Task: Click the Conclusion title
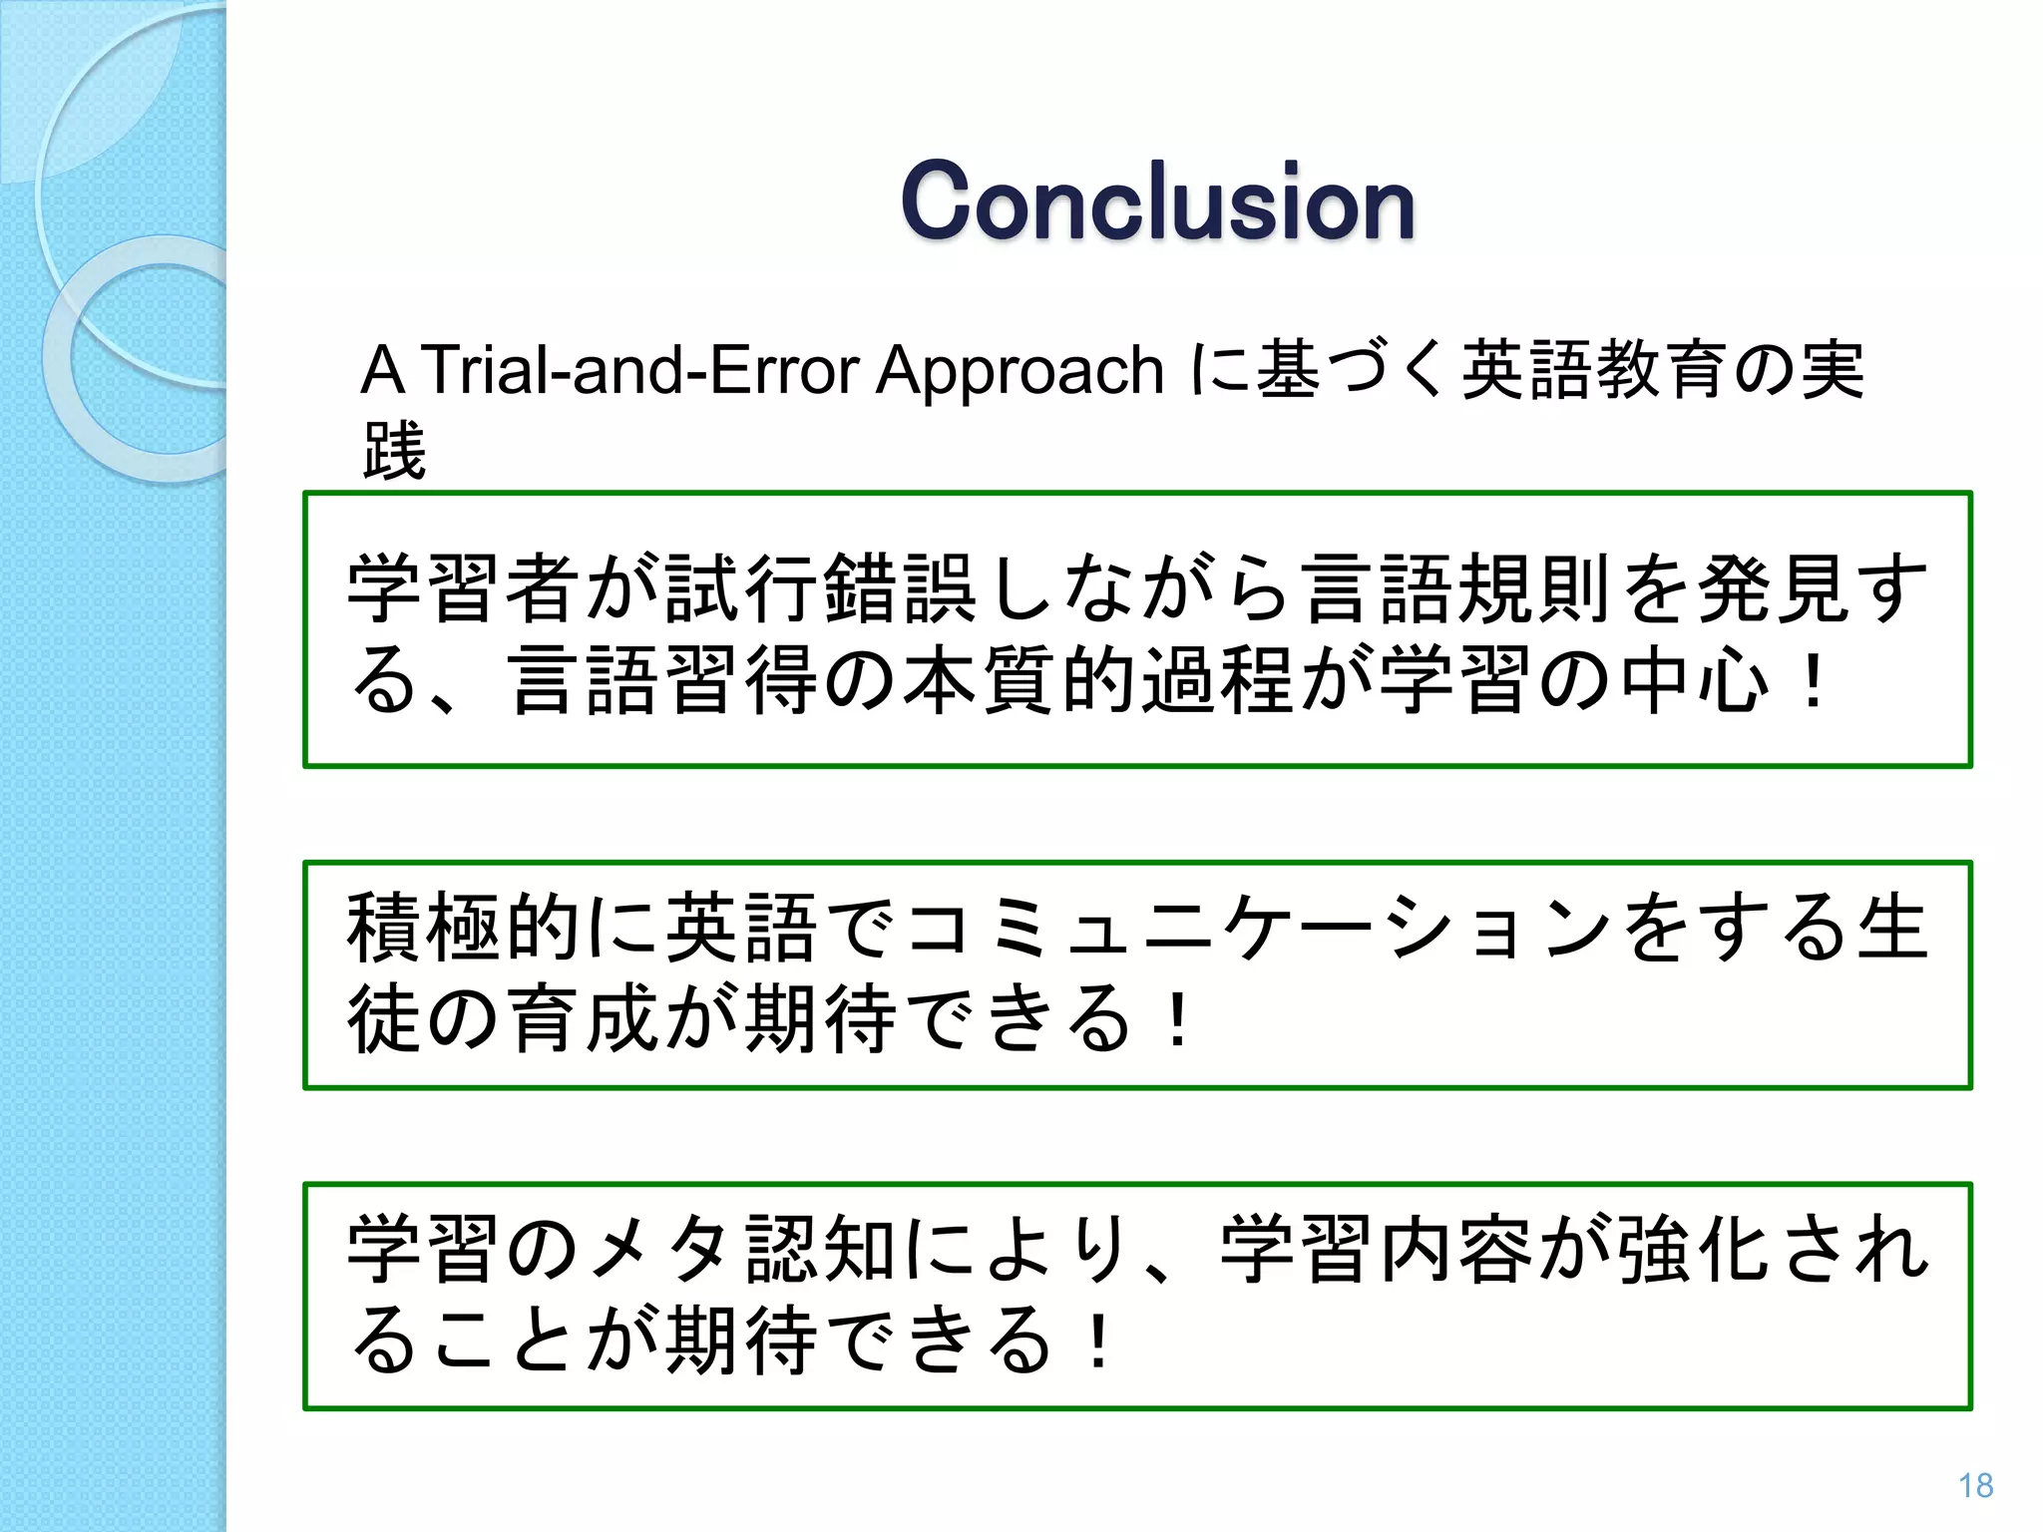coord(1157,202)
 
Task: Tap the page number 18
coord(1975,1485)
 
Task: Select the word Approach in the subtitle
coord(1020,372)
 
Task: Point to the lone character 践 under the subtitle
coord(395,451)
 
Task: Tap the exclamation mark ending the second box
coord(1177,1018)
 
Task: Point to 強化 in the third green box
coord(1696,1249)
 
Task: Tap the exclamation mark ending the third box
coord(1097,1340)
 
